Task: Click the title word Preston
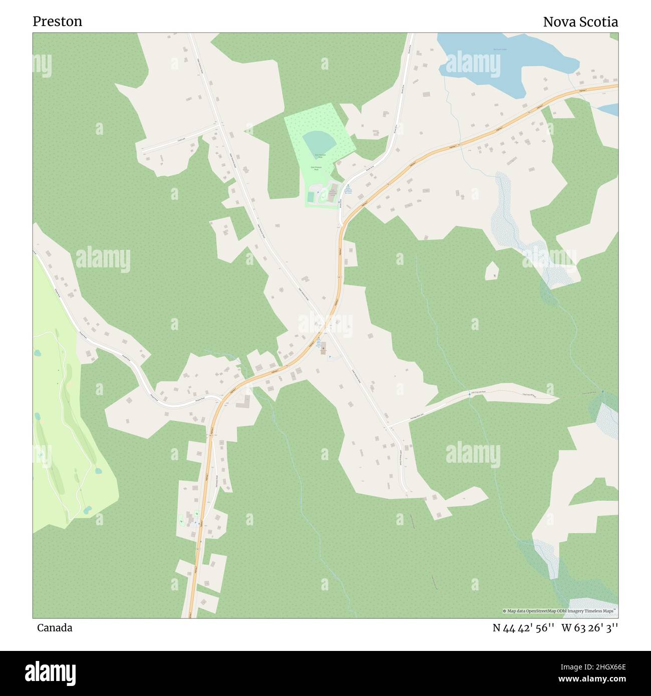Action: point(58,22)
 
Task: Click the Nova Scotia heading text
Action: point(580,22)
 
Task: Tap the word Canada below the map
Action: point(54,627)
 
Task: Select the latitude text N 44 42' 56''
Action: point(523,627)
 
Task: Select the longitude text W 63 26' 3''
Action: point(589,627)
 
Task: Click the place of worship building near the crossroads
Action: point(323,346)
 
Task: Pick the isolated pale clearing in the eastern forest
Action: point(492,271)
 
